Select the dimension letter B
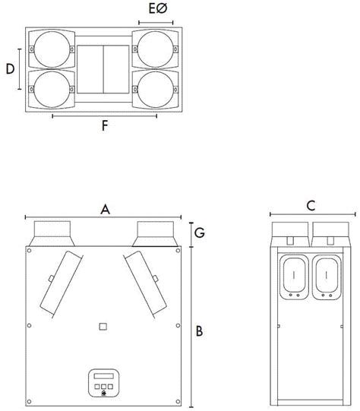click(x=199, y=331)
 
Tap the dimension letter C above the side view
click(x=310, y=205)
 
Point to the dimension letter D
click(x=10, y=69)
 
